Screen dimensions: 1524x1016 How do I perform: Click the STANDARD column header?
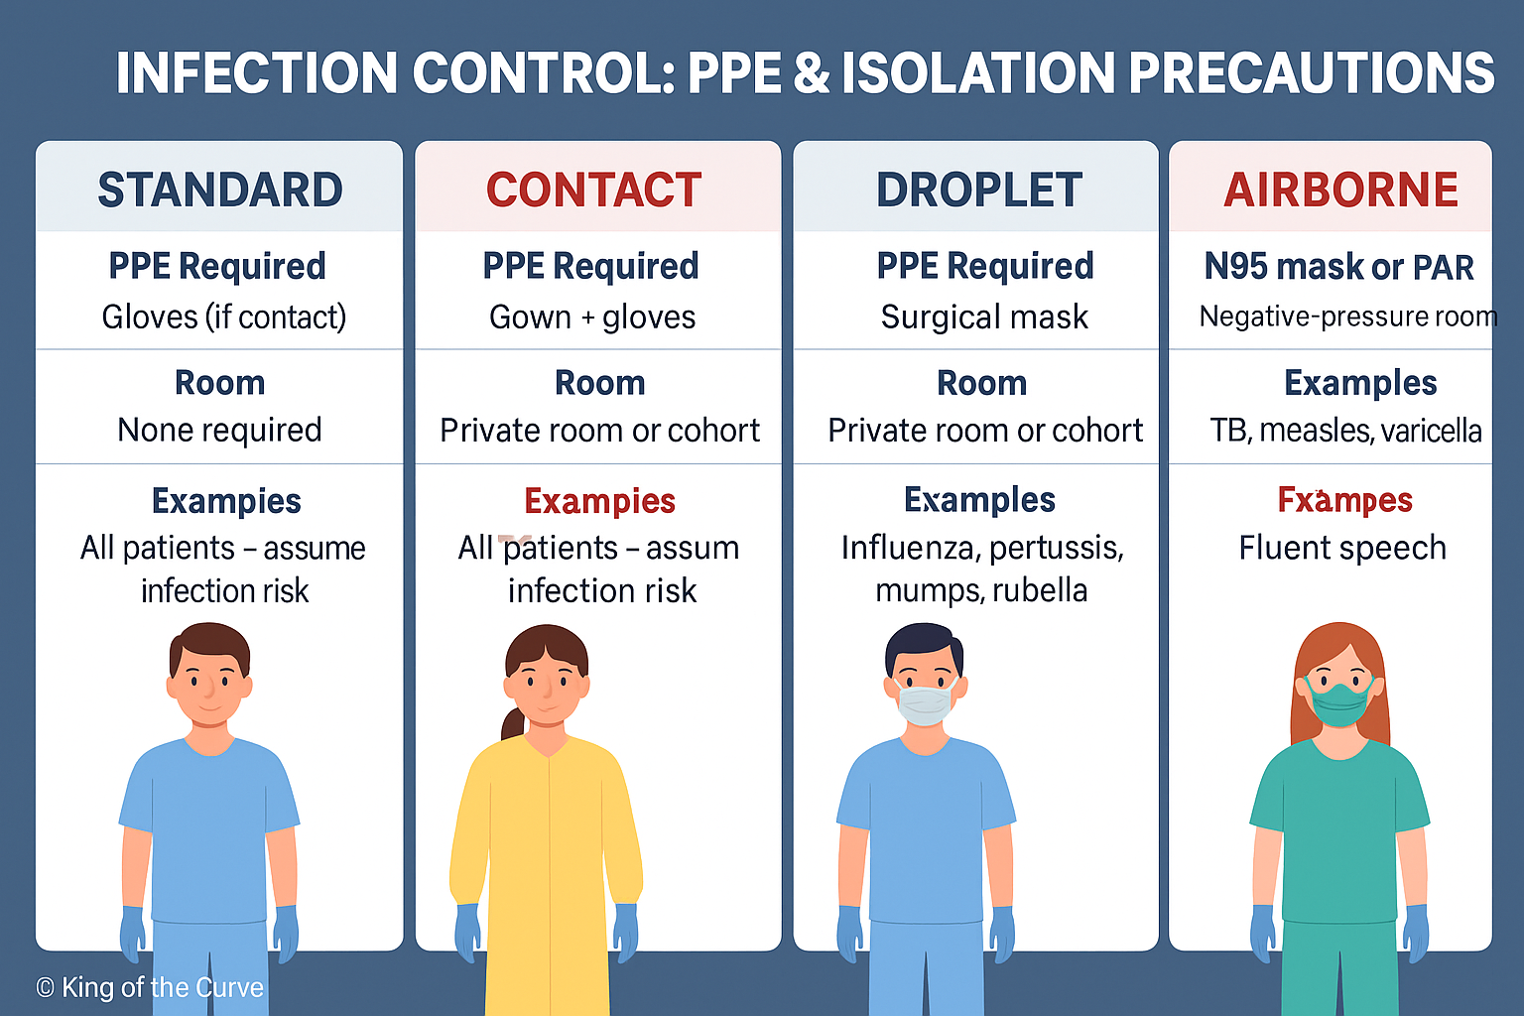click(219, 190)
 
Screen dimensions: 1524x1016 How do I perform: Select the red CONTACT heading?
click(593, 190)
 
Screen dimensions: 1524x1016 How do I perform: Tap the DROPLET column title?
click(979, 190)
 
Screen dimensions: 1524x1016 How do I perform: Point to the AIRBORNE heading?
click(1340, 190)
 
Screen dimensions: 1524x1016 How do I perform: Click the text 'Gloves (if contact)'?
click(224, 317)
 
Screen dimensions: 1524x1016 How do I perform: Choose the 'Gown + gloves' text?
click(592, 317)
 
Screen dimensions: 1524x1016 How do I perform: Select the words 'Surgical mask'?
click(984, 317)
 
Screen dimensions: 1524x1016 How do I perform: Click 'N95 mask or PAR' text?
click(1338, 267)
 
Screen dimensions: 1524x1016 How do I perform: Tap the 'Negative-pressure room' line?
click(1347, 317)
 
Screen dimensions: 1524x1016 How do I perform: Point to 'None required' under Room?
click(219, 430)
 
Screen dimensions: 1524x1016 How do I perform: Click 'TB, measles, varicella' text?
click(1345, 431)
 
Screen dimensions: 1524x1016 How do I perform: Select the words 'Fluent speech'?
click(1342, 548)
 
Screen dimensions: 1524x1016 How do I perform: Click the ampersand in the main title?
click(812, 73)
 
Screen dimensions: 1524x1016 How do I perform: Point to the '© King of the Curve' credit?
click(150, 987)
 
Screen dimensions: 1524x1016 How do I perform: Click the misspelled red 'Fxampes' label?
click(1345, 500)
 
